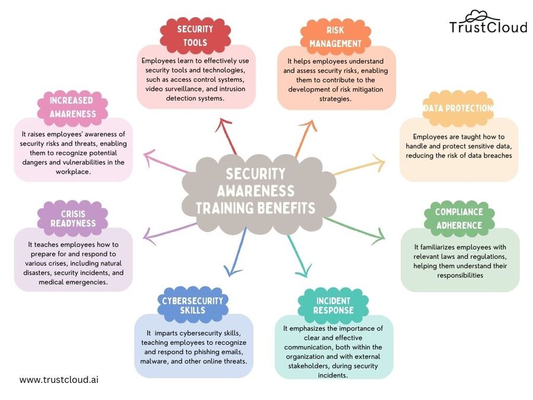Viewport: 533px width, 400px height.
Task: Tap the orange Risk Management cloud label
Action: point(335,36)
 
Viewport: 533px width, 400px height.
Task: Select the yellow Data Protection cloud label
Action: point(458,108)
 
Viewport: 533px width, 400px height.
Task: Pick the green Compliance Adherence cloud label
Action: point(459,218)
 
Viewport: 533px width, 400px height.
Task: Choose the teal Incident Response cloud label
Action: point(333,305)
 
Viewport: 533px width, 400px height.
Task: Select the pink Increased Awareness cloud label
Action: point(73,107)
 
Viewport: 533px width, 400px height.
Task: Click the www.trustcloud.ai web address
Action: point(59,379)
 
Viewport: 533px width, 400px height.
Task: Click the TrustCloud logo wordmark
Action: point(487,27)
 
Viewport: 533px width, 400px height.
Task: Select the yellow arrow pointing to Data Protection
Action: point(361,165)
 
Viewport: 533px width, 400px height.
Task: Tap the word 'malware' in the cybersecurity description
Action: point(155,361)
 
